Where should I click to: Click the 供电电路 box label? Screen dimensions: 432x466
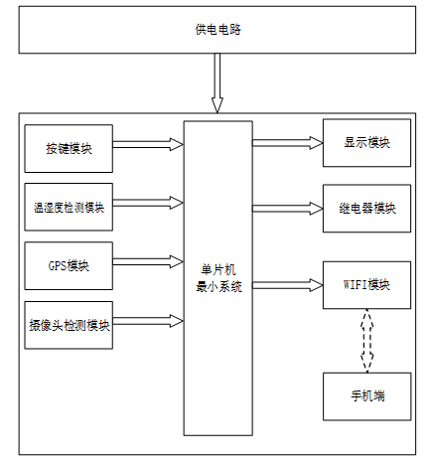pyautogui.click(x=217, y=30)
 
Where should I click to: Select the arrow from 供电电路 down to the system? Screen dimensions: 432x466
pyautogui.click(x=217, y=82)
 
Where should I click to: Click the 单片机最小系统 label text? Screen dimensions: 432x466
pyautogui.click(x=218, y=278)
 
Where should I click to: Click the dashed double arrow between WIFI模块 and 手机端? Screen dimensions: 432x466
pyautogui.click(x=366, y=341)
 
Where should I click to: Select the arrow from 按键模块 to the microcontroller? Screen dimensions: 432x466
pyautogui.click(x=148, y=144)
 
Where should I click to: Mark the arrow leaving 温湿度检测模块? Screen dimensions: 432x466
pyautogui.click(x=148, y=203)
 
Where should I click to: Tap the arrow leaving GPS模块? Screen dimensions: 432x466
pyautogui.click(x=148, y=261)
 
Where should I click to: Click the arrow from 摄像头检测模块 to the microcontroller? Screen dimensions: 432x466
pyautogui.click(x=148, y=321)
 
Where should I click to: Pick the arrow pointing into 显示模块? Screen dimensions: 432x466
pyautogui.click(x=288, y=143)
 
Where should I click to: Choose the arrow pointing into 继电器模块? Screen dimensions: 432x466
pyautogui.click(x=288, y=209)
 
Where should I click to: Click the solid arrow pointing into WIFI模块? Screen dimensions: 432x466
pyautogui.click(x=288, y=285)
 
